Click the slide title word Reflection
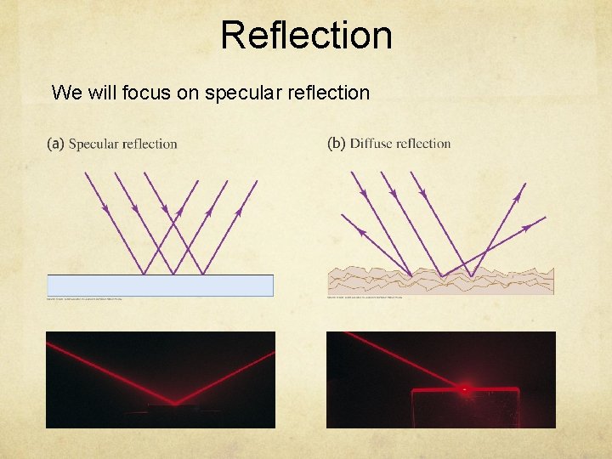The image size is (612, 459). [x=306, y=36]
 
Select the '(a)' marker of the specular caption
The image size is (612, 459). [x=55, y=144]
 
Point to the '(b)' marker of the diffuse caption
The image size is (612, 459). [x=337, y=144]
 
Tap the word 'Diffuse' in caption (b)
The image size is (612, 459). [x=371, y=144]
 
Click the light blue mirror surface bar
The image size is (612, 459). [x=160, y=285]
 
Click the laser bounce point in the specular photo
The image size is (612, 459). [x=175, y=402]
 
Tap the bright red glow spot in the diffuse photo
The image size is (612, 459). [x=464, y=389]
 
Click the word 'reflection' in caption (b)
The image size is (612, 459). [x=423, y=144]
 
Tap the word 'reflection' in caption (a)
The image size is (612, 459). [x=150, y=144]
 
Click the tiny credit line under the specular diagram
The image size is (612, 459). [x=84, y=298]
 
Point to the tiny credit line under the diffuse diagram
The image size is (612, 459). [x=365, y=297]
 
